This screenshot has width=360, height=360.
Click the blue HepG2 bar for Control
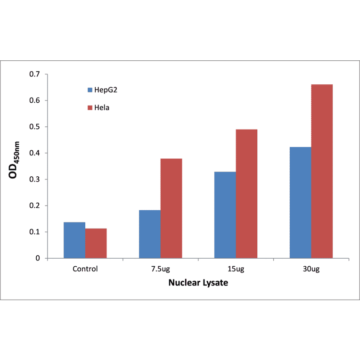tap(74, 240)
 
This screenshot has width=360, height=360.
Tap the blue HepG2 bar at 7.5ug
tap(149, 234)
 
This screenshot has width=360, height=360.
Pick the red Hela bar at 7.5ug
tap(171, 208)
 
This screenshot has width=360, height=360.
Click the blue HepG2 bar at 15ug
tap(225, 215)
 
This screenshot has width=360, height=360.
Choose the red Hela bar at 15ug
tap(246, 194)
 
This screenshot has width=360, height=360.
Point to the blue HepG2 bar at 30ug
tap(300, 203)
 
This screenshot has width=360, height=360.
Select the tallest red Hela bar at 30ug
tap(322, 172)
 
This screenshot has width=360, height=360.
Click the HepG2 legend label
tap(106, 90)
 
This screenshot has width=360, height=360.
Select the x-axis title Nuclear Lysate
tap(198, 284)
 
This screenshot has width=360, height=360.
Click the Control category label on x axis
tap(85, 269)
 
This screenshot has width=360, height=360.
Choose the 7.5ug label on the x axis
tap(160, 269)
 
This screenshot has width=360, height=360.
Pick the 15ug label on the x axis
tap(236, 269)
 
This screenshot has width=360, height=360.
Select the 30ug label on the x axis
tap(311, 269)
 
